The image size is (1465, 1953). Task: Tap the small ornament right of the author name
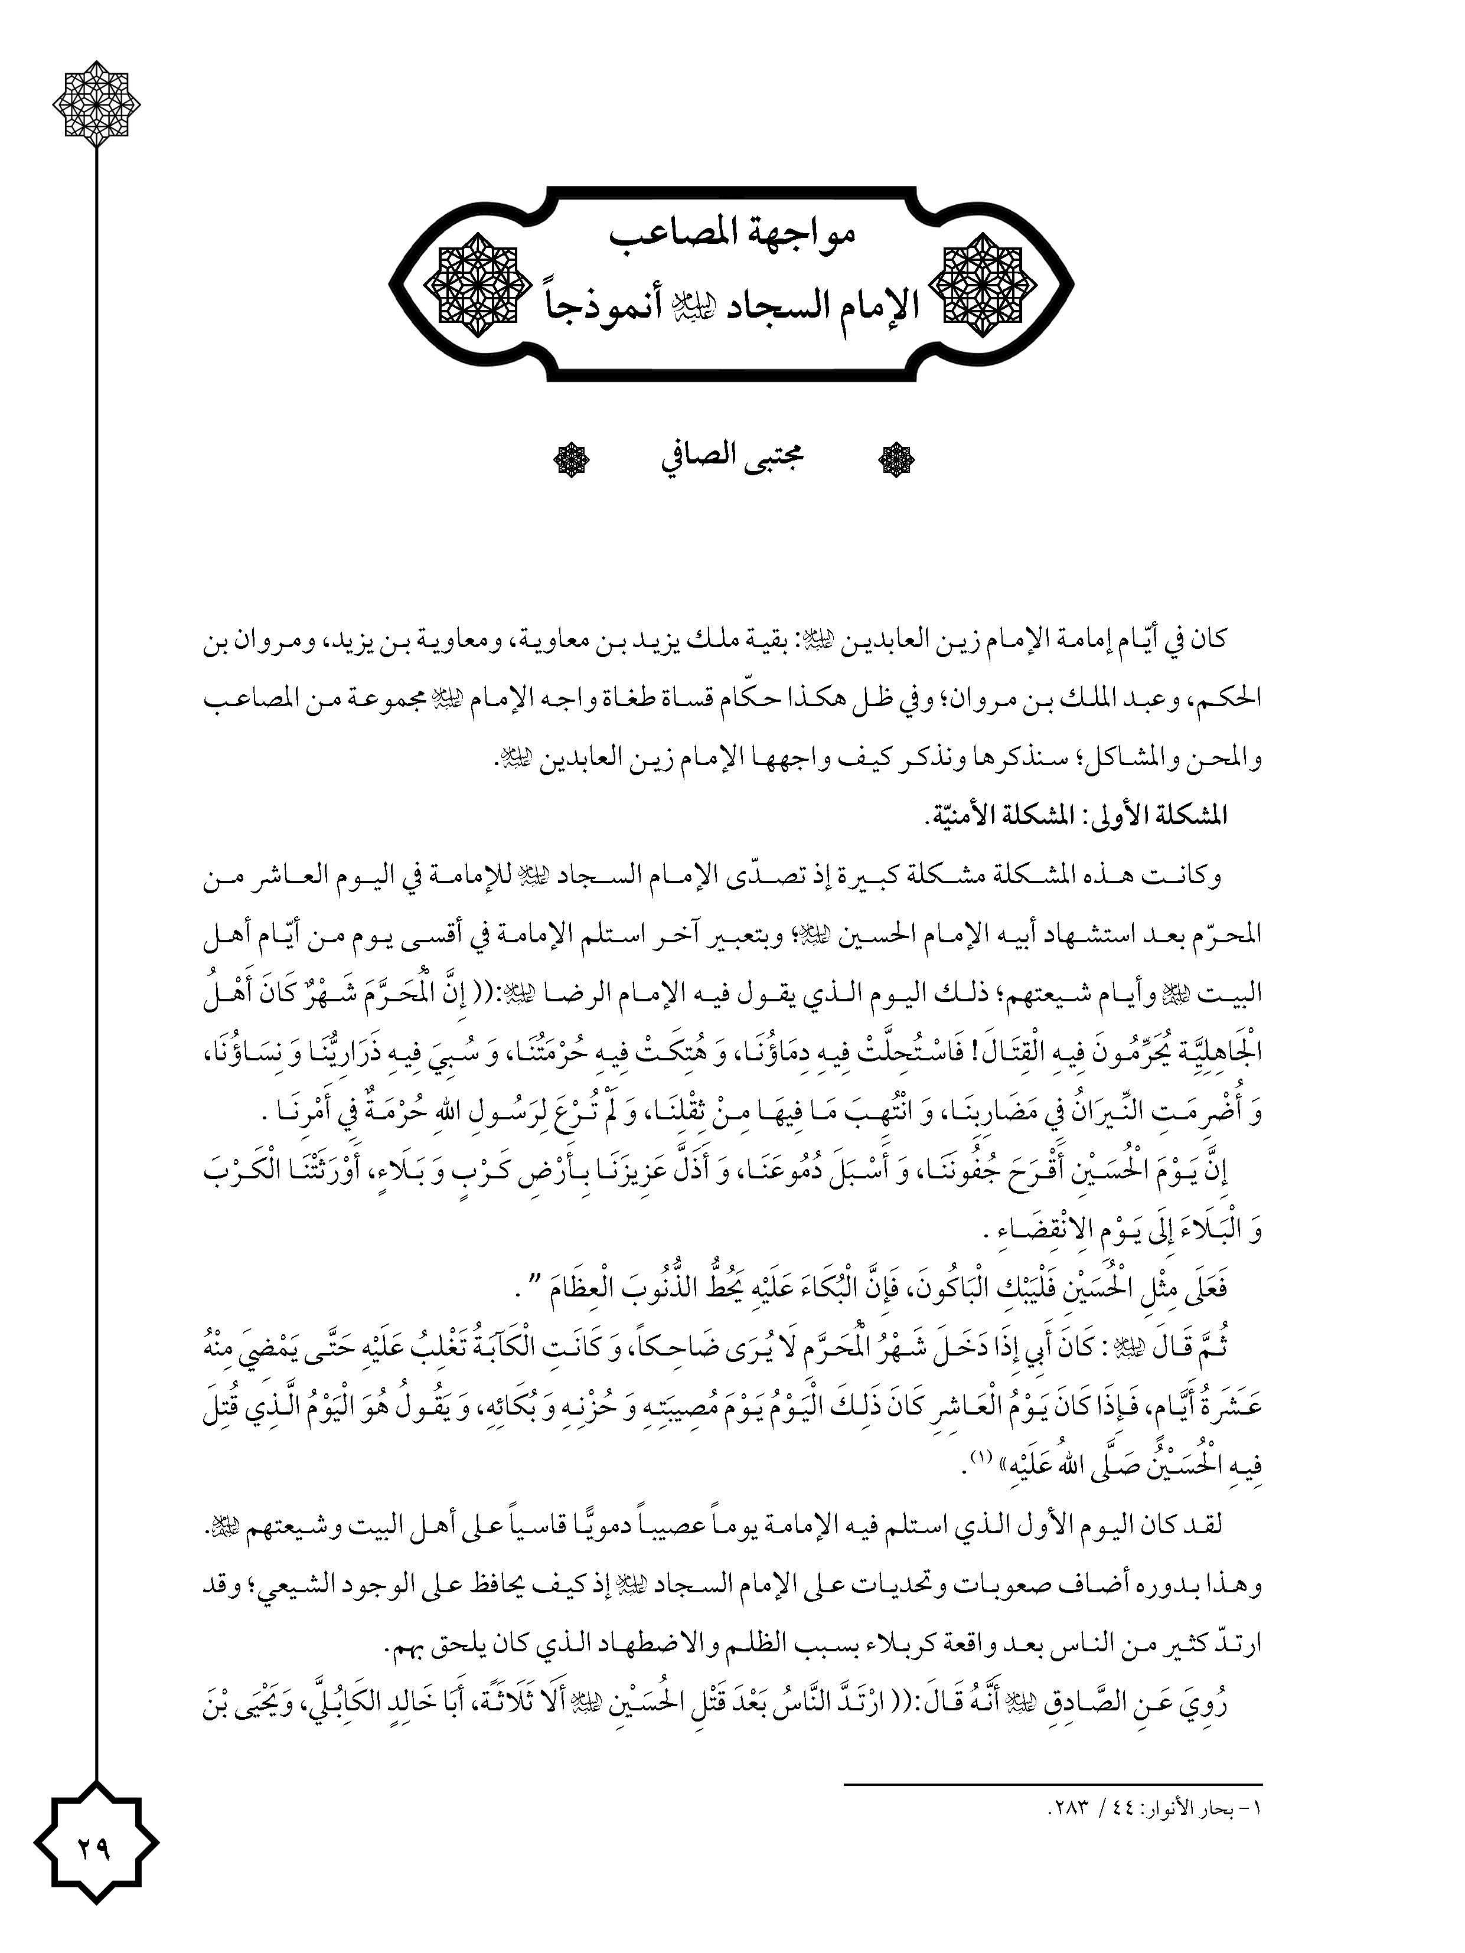(895, 459)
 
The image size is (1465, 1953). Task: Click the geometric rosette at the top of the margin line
(96, 103)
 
